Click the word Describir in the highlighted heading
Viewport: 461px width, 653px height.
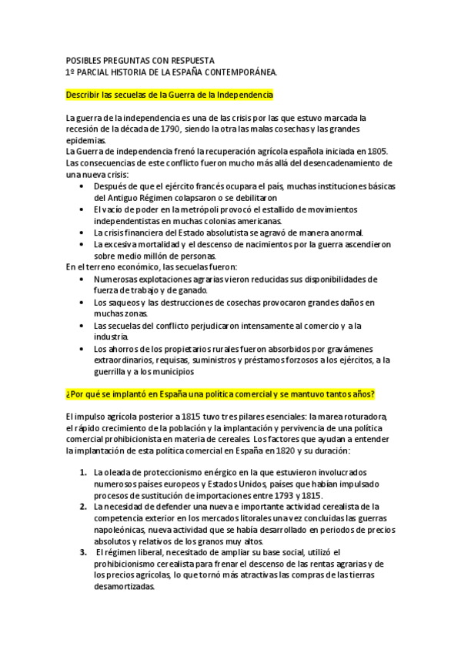(x=86, y=95)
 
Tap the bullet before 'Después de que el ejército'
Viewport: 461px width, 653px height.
(x=83, y=186)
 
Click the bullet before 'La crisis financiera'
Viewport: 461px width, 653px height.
(x=83, y=233)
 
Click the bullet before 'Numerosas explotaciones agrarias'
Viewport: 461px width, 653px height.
(x=83, y=279)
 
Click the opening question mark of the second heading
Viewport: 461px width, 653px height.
(x=68, y=395)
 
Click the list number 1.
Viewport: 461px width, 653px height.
(x=82, y=472)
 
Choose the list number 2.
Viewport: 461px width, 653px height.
(x=82, y=507)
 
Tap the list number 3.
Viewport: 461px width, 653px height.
(x=82, y=553)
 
